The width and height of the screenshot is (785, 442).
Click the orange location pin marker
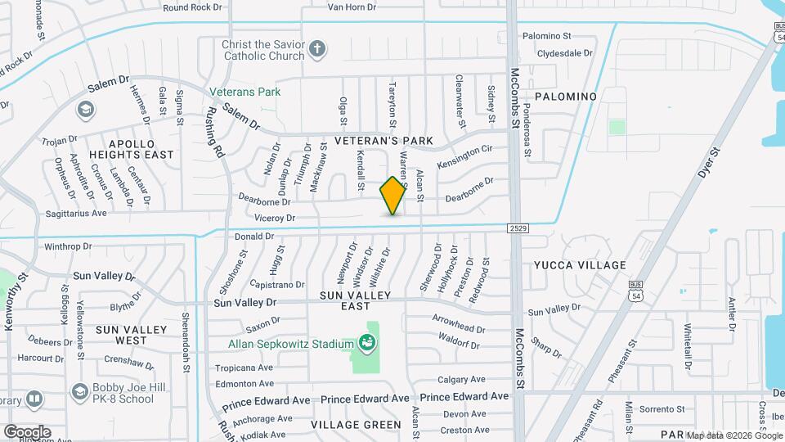(393, 196)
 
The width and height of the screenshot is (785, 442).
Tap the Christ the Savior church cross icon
(317, 49)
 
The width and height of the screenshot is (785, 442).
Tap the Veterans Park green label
(244, 92)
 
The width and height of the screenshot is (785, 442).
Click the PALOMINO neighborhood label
(566, 97)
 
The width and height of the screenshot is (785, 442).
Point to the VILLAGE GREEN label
(356, 425)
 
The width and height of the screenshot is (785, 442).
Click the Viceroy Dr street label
(274, 219)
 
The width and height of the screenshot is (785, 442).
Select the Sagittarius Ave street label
(76, 213)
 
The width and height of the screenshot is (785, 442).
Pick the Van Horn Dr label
(351, 7)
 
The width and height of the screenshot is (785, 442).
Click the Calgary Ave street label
(461, 380)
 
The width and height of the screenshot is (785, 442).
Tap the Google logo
(27, 431)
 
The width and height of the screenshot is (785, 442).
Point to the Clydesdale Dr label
(564, 53)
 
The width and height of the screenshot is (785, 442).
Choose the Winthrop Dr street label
(71, 246)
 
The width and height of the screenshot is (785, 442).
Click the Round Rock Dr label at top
(192, 7)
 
